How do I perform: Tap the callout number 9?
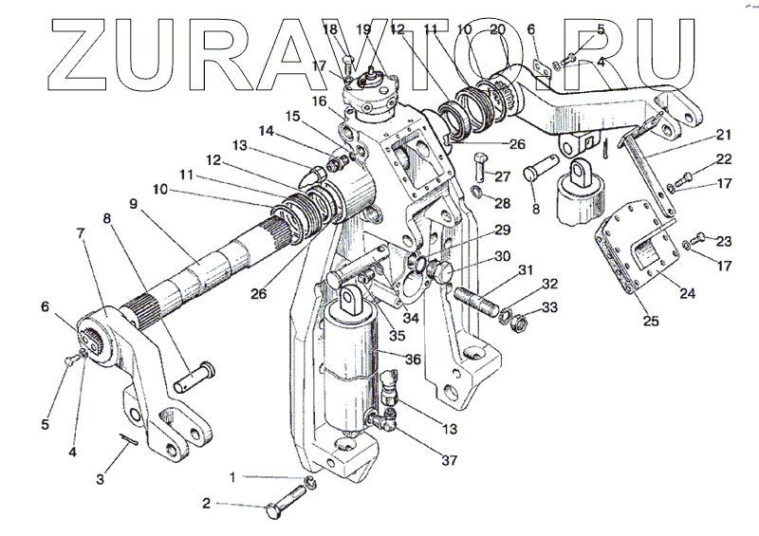[134, 204]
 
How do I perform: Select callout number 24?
[687, 294]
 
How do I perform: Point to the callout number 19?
[364, 30]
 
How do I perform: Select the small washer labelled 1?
[310, 488]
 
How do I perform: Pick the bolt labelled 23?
[699, 237]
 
